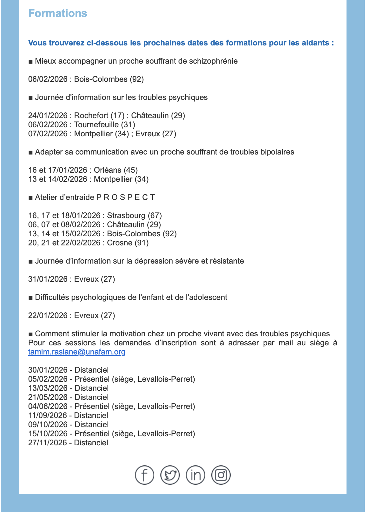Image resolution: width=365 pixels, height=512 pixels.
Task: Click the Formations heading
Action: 58,13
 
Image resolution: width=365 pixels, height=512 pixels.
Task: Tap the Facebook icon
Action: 144,475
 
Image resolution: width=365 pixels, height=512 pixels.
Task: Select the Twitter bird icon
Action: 170,475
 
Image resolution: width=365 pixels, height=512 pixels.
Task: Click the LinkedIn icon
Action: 195,475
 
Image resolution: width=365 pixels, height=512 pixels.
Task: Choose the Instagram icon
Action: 221,475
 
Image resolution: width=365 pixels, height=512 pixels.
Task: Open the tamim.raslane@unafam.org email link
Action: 77,352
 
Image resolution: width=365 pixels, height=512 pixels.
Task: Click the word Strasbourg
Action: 126,215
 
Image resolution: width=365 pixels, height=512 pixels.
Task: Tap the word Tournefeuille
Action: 96,125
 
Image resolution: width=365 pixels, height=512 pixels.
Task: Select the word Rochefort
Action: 91,115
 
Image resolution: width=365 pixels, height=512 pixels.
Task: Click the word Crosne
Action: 120,243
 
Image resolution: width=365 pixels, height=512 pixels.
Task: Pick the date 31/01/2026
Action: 48,279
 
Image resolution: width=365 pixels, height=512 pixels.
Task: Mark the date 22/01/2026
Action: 48,315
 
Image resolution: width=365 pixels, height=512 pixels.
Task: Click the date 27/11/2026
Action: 48,443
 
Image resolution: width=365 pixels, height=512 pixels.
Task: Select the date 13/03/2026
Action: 48,388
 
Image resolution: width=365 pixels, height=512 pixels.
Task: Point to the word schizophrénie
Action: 213,61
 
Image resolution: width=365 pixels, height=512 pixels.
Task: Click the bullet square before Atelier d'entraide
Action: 30,198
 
